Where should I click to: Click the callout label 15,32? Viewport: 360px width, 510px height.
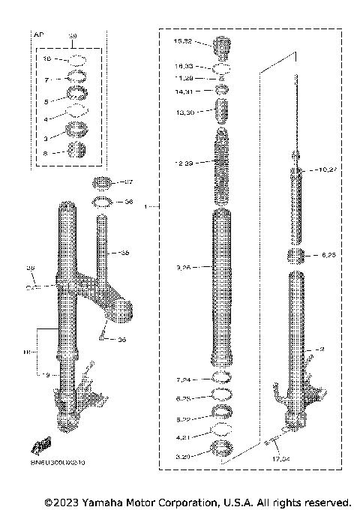point(183,41)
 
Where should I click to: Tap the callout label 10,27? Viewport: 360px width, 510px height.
point(328,170)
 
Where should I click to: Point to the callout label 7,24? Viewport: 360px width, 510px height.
point(184,377)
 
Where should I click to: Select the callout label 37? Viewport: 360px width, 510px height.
point(128,182)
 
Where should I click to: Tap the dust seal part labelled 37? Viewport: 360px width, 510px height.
point(103,183)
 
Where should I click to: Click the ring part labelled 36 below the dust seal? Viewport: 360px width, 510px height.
point(103,202)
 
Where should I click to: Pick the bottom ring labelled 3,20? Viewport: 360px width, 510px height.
point(221,448)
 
